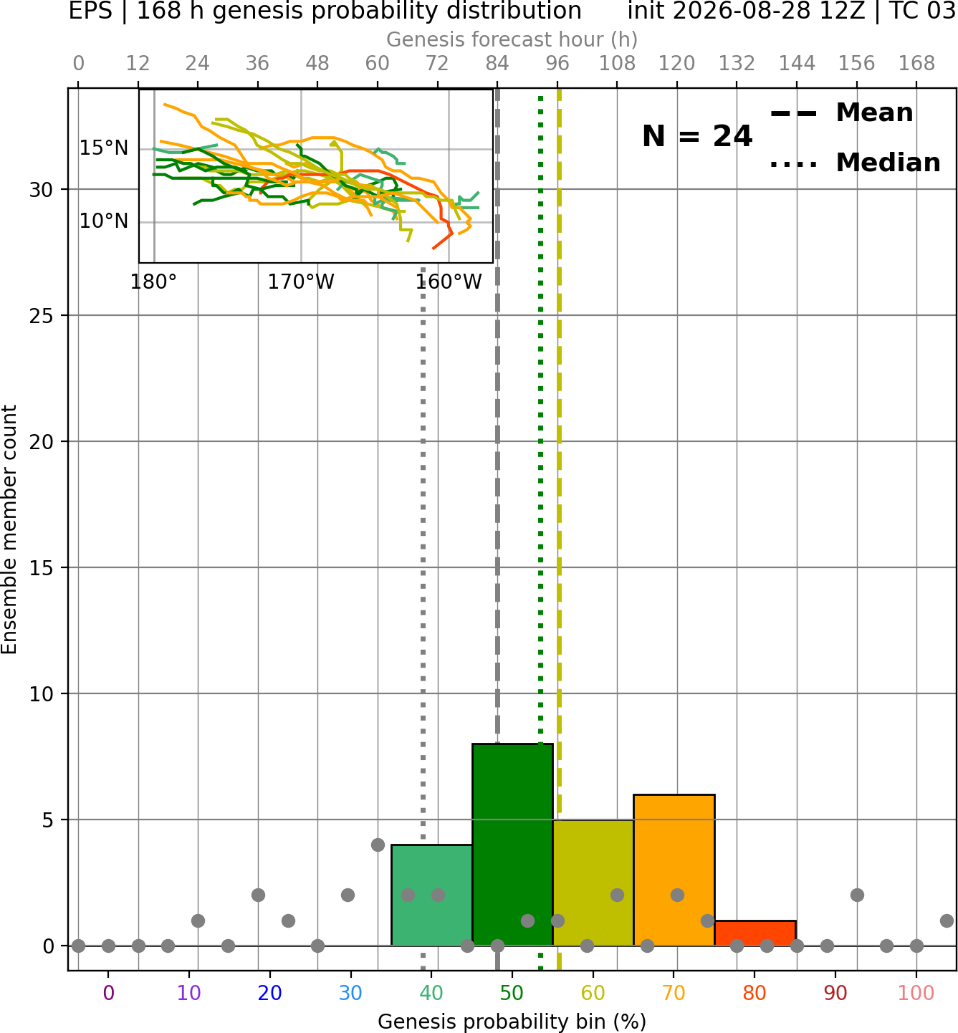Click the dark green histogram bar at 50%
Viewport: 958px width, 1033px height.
pyautogui.click(x=512, y=845)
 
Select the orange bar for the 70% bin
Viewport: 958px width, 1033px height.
pyautogui.click(x=674, y=870)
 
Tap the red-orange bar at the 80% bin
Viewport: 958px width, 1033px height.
pyautogui.click(x=755, y=933)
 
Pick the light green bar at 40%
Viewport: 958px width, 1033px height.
pyautogui.click(x=432, y=895)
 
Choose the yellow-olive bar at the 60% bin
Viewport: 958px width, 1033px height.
pyautogui.click(x=593, y=883)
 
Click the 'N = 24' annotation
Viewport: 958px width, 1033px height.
pyautogui.click(x=697, y=136)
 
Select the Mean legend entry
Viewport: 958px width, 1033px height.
pyautogui.click(x=841, y=113)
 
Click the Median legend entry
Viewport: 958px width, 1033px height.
pyautogui.click(x=856, y=163)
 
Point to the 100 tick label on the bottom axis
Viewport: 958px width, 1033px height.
pyautogui.click(x=916, y=993)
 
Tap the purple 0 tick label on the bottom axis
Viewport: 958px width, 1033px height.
pyautogui.click(x=108, y=993)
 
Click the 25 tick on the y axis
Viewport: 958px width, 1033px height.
pyautogui.click(x=41, y=316)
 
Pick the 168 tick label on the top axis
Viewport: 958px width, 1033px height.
pyautogui.click(x=916, y=64)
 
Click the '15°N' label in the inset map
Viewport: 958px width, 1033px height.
pyautogui.click(x=104, y=148)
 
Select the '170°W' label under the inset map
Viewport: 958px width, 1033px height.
pyautogui.click(x=301, y=282)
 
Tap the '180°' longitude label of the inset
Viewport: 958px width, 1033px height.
pyautogui.click(x=153, y=282)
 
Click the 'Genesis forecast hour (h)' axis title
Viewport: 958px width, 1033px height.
pyautogui.click(x=512, y=39)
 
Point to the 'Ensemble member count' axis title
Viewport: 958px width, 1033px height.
pyautogui.click(x=9, y=529)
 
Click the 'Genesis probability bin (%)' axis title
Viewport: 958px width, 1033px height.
pyautogui.click(x=512, y=1022)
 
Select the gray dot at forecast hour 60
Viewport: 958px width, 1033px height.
pyautogui.click(x=378, y=845)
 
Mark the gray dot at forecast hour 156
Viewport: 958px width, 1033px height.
pyautogui.click(x=857, y=895)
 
